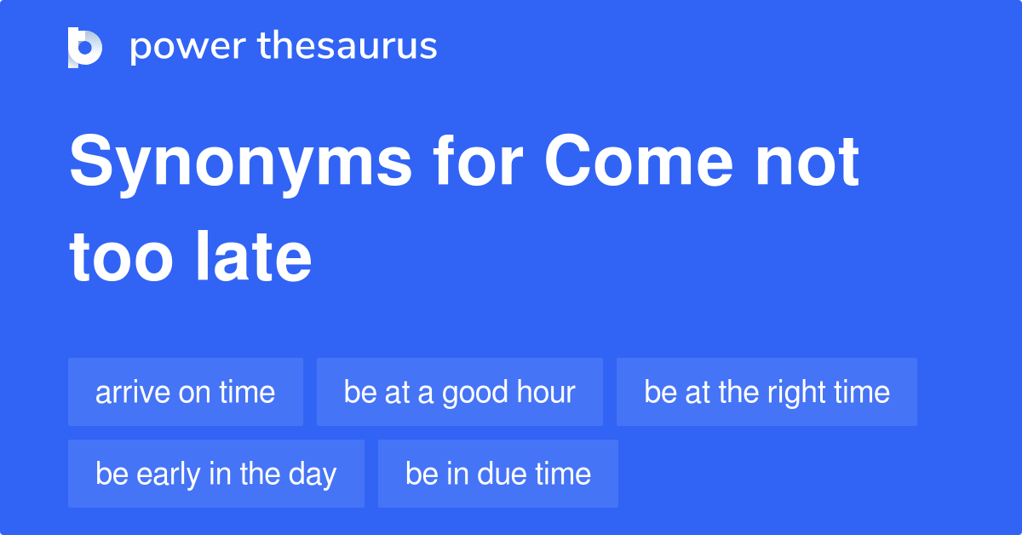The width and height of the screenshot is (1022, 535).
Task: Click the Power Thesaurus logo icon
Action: click(x=85, y=47)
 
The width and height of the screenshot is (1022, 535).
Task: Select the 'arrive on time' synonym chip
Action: click(x=186, y=392)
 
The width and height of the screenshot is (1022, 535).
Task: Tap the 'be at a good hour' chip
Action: click(x=460, y=392)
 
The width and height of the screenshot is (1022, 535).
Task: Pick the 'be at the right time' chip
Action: click(x=766, y=392)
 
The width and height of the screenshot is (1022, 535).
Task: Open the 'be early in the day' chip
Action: click(x=216, y=474)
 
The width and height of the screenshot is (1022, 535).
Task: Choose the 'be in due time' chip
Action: click(x=498, y=474)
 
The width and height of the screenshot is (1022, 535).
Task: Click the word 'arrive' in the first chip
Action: click(x=132, y=393)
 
